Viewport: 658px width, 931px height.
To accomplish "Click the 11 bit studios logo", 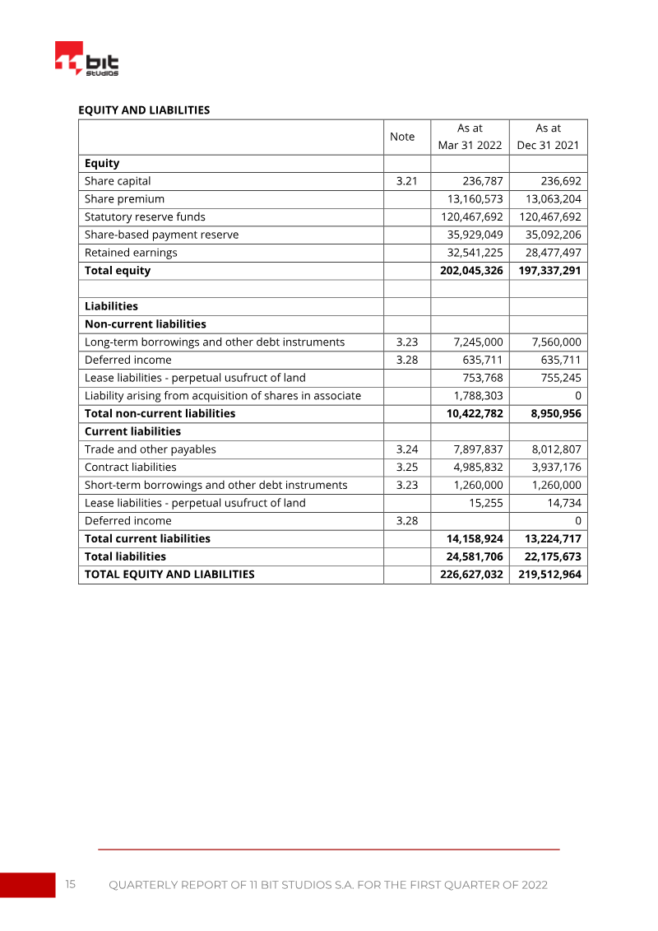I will click(x=86, y=59).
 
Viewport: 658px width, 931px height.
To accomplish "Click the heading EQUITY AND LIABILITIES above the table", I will click(x=143, y=109).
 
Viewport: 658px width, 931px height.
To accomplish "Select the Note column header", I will click(x=401, y=137).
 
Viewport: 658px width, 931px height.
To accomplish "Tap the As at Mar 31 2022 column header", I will click(x=470, y=137).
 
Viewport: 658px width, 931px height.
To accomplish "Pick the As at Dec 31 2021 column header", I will click(x=548, y=137).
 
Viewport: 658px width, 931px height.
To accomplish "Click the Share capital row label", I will click(x=118, y=181).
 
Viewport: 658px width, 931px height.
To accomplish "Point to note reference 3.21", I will click(x=407, y=181).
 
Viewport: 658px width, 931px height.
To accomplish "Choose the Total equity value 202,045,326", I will click(x=468, y=271).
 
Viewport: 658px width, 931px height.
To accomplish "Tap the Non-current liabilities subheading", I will click(x=145, y=324).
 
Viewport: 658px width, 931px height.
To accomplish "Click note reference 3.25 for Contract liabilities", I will click(x=407, y=468).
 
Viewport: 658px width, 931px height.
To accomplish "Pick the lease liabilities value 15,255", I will click(x=485, y=503).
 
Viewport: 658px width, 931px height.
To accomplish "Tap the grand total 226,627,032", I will click(x=468, y=575).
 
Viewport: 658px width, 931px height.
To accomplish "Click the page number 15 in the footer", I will click(x=70, y=885).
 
